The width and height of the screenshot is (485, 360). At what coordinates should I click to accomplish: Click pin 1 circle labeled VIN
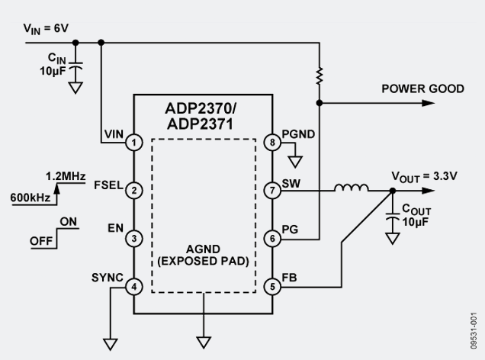pyautogui.click(x=135, y=142)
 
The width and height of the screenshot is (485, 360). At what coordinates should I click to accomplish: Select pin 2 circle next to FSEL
pyautogui.click(x=135, y=190)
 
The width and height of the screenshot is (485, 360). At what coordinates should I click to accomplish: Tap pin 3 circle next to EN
pyautogui.click(x=135, y=238)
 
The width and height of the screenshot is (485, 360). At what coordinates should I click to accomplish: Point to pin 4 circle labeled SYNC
pyautogui.click(x=135, y=286)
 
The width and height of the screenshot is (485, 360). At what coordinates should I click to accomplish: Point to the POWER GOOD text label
pyautogui.click(x=422, y=89)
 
